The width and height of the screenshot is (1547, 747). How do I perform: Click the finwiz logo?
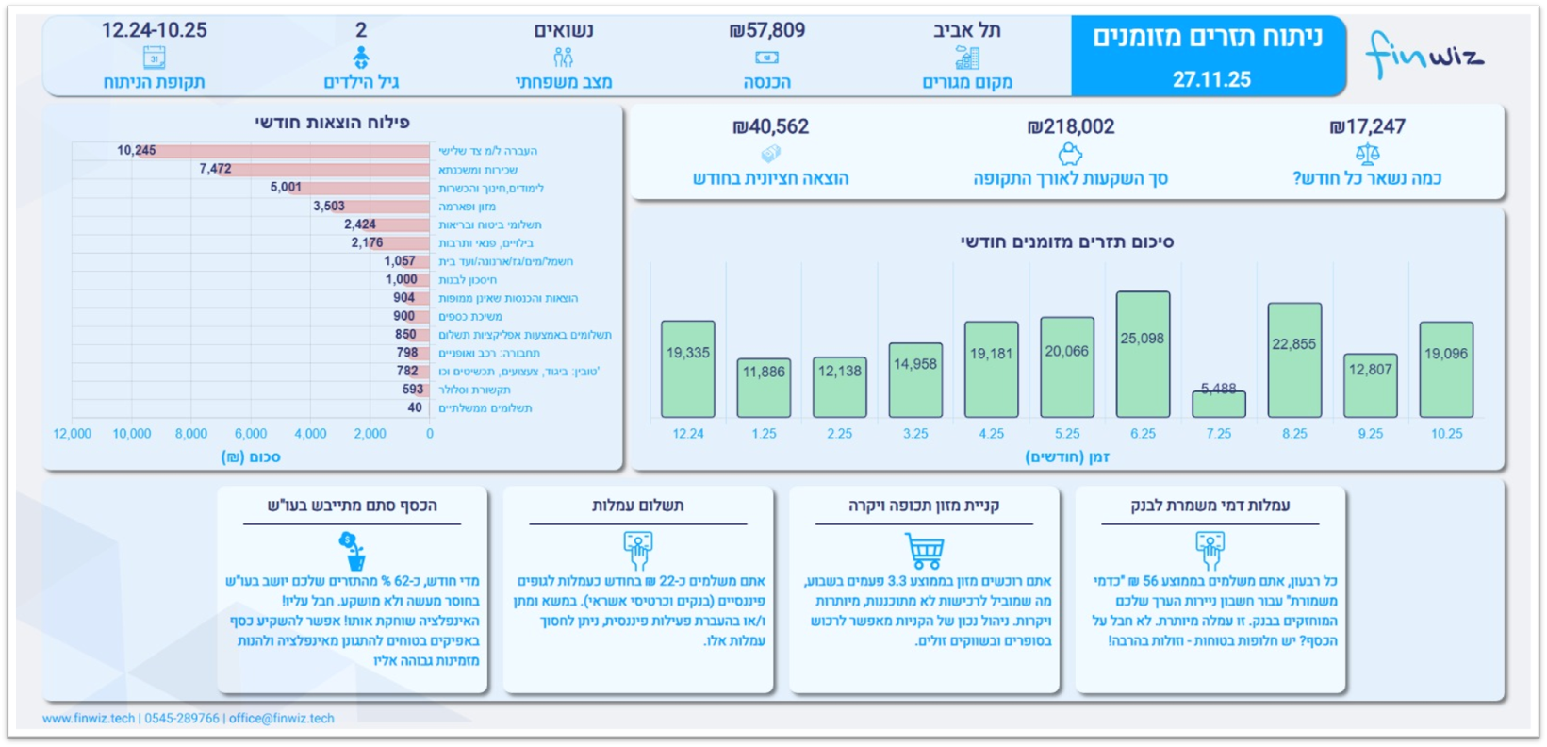[x=1424, y=56]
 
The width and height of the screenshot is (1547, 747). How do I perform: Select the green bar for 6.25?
[x=1143, y=355]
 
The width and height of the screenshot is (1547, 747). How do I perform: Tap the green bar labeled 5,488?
[x=1218, y=404]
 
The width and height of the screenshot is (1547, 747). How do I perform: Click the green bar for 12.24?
[x=688, y=369]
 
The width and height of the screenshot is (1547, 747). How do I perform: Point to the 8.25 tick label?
[x=1294, y=434]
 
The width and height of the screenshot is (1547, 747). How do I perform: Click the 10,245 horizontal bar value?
[x=137, y=151]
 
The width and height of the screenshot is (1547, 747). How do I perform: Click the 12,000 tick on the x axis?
[x=72, y=434]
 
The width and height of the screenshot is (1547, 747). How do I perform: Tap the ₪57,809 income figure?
[x=767, y=31]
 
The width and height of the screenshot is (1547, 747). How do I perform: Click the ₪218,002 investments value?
[x=1070, y=126]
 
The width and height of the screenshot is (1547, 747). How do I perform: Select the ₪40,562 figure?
[x=770, y=126]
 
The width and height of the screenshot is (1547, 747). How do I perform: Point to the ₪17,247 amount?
[x=1367, y=126]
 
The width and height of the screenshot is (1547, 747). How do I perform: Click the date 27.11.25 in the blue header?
[x=1211, y=80]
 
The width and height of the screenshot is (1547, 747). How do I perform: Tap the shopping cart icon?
[x=924, y=550]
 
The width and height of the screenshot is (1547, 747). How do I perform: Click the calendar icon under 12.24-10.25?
[x=155, y=58]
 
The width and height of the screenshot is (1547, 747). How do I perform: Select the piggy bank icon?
[x=1070, y=153]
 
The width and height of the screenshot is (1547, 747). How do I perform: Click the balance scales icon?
[x=1367, y=153]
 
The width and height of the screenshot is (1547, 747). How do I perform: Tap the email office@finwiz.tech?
[x=281, y=719]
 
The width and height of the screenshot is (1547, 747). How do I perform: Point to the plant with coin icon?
[x=353, y=551]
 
